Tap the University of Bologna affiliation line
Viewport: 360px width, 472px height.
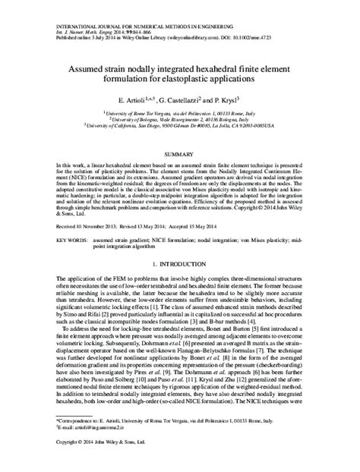(x=180, y=118)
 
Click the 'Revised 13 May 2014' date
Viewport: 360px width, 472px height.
(x=146, y=226)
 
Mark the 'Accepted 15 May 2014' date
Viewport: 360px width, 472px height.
(x=209, y=226)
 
